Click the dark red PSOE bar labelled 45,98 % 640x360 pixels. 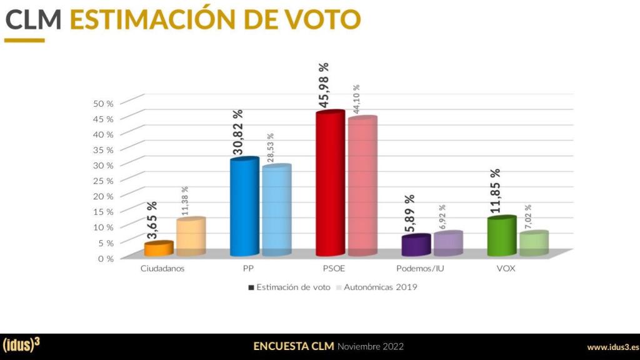[x=330, y=184]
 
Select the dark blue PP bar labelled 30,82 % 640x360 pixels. [x=244, y=207]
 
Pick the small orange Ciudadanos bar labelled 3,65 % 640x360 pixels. [x=158, y=249]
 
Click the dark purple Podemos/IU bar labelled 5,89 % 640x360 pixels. [x=416, y=246]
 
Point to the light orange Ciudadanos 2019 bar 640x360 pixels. [x=191, y=237]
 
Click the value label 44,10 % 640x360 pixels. [x=357, y=99]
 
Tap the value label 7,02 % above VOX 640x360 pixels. [x=528, y=217]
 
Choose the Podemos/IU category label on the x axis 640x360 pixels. [x=420, y=269]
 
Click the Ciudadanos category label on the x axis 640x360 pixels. [x=162, y=269]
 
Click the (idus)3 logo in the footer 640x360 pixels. [x=22, y=346]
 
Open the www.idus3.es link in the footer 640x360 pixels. [x=612, y=347]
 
